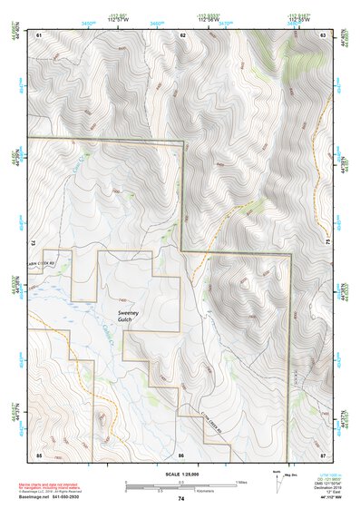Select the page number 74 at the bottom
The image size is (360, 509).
(x=180, y=499)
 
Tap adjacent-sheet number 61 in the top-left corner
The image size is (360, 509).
(x=39, y=34)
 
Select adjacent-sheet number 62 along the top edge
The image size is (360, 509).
(x=182, y=34)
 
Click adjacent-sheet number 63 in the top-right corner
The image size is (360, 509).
(x=323, y=34)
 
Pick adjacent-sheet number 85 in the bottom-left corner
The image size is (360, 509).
(x=39, y=454)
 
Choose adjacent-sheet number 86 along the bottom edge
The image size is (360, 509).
(x=181, y=454)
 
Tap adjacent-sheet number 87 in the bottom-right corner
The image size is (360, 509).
(x=323, y=454)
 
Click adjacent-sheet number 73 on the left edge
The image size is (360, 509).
(x=34, y=244)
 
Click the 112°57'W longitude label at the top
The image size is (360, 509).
(x=118, y=20)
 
